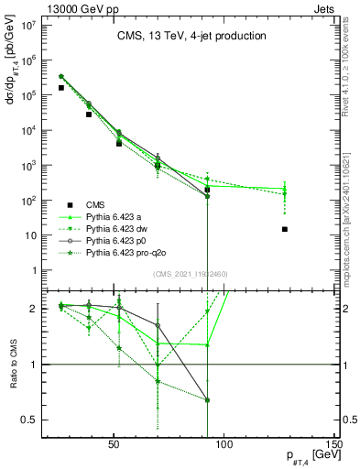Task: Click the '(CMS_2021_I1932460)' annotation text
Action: coord(191,275)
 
